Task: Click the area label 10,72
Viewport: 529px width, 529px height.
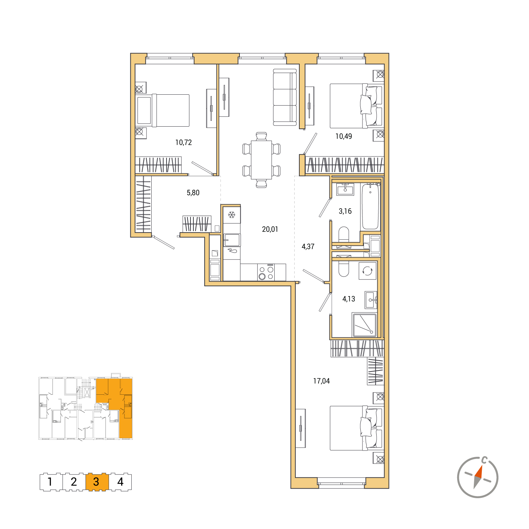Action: tap(183, 143)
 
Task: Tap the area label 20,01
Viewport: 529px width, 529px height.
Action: tap(270, 229)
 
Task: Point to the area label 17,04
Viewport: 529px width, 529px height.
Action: tap(321, 381)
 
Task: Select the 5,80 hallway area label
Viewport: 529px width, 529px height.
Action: tap(193, 193)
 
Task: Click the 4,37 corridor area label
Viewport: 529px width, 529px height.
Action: tap(308, 246)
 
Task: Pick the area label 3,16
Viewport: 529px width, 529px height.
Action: tap(345, 211)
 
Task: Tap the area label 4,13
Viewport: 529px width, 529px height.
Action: tap(349, 299)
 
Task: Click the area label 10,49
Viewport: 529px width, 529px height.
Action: tap(344, 136)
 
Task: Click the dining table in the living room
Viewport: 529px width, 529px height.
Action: tap(261, 160)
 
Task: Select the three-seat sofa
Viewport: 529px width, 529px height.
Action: tap(285, 98)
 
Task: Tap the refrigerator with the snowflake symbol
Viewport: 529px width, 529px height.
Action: tap(232, 215)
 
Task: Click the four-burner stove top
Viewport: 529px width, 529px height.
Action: tap(266, 272)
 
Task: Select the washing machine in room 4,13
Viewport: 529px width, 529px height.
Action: tap(368, 271)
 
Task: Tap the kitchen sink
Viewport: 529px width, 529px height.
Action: tap(232, 240)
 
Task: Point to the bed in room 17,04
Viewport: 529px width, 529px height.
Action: tap(356, 428)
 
